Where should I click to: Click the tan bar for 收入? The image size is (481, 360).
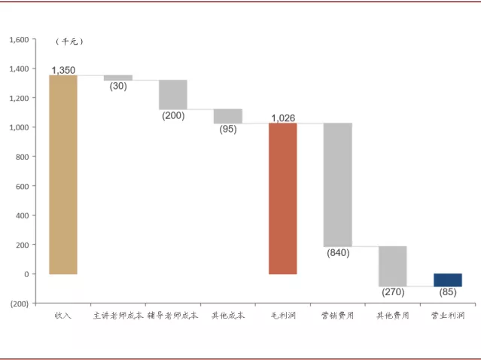(x=63, y=175)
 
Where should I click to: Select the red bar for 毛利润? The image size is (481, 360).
(x=283, y=198)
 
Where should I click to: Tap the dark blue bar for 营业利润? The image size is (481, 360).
(x=448, y=280)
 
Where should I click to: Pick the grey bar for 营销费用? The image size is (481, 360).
(x=338, y=185)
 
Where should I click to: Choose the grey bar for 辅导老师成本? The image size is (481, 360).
(x=173, y=95)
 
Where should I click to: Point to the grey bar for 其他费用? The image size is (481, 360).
(x=393, y=266)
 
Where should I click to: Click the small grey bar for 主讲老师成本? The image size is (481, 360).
(x=118, y=78)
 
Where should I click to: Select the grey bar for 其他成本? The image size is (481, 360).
(x=228, y=116)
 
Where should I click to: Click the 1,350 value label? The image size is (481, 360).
(x=63, y=70)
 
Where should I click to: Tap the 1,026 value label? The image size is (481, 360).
(x=283, y=117)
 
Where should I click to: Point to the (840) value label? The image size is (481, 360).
(x=338, y=253)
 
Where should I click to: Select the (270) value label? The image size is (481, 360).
(x=393, y=292)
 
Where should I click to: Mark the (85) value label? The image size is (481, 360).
(x=448, y=292)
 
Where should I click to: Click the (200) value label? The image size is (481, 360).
(x=173, y=116)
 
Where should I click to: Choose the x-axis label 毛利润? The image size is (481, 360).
(x=283, y=316)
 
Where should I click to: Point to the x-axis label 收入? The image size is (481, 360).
(x=63, y=316)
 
